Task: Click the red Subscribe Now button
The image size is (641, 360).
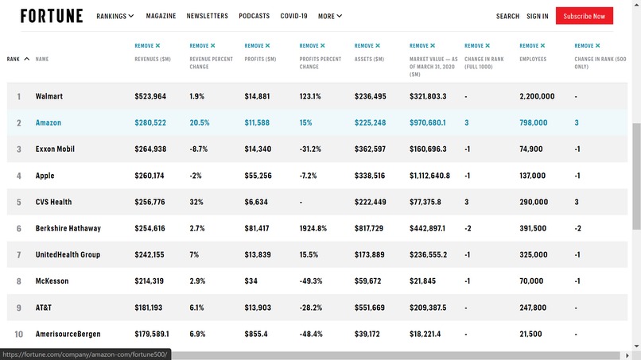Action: coord(584,16)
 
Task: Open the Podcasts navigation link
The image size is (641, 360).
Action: coord(254,16)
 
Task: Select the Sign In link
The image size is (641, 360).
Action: coord(538,16)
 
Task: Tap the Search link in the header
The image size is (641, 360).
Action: coord(507,16)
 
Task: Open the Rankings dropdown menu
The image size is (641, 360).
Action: coord(115,16)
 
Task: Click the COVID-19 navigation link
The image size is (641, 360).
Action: coord(293,16)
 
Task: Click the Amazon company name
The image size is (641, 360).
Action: coord(49,123)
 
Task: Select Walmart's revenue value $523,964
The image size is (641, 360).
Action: coord(150,96)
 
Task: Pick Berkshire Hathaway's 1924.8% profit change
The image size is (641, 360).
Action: coord(313,228)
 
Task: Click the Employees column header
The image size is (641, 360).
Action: coord(533,59)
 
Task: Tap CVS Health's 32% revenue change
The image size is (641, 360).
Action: coord(196,202)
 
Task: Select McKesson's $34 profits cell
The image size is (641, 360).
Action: coord(251,281)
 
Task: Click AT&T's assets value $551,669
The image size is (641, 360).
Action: coord(370,308)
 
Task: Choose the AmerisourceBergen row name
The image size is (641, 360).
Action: coord(68,334)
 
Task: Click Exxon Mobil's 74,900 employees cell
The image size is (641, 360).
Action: coord(531,149)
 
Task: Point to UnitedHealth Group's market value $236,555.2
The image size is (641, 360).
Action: coord(428,254)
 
